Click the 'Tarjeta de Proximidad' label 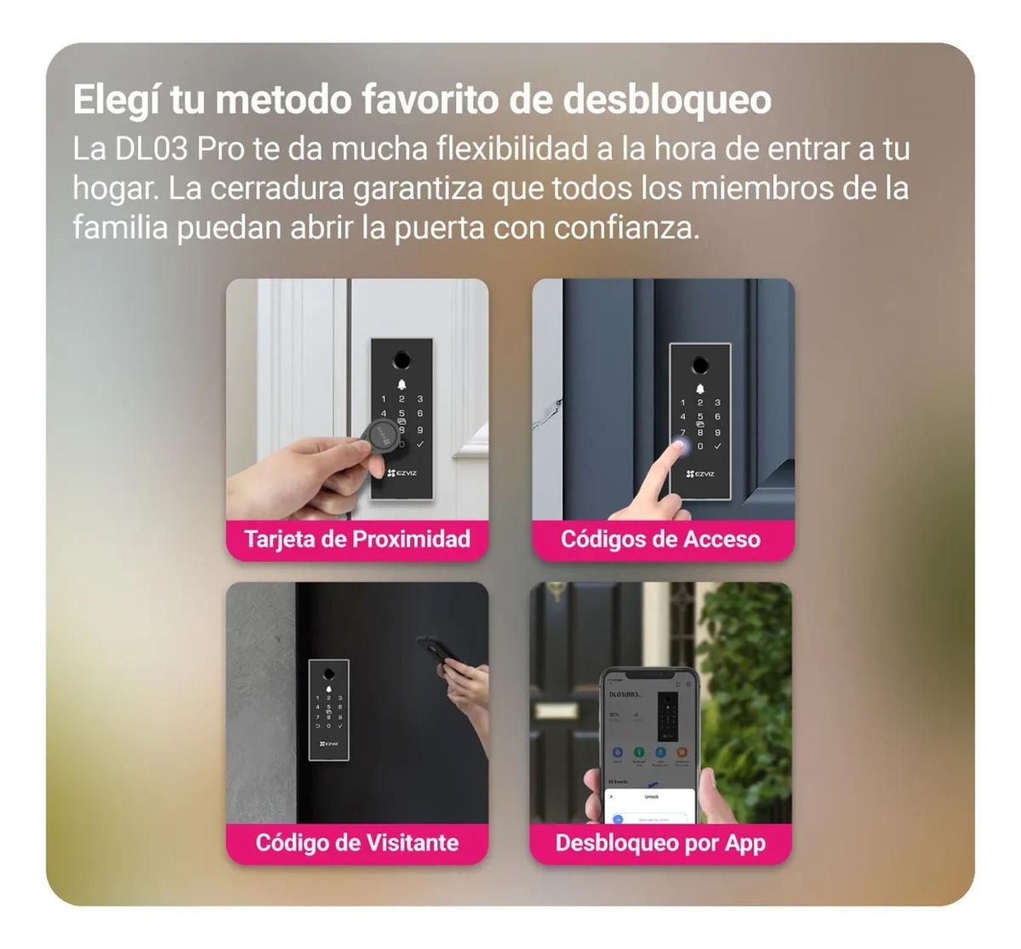357,540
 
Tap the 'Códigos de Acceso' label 660,540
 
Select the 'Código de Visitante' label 357,843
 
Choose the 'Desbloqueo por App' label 660,843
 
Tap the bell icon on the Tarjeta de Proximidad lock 402,386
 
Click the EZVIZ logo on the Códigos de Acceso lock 700,474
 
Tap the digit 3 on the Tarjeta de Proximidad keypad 420,399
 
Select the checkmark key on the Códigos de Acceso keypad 717,446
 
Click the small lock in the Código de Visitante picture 329,709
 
